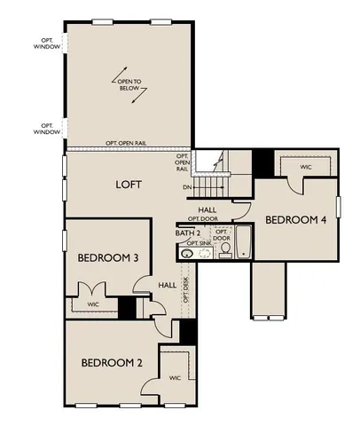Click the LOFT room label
click(129, 185)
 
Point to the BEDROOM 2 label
click(113, 362)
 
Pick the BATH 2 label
click(187, 233)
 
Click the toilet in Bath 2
click(225, 251)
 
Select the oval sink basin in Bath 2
click(187, 254)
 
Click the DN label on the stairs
click(187, 188)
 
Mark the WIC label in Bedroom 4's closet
click(306, 166)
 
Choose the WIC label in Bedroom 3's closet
click(92, 304)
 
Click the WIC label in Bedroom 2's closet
click(175, 378)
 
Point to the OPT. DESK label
click(185, 289)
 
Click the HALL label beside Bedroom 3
click(167, 285)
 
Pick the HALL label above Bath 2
click(207, 209)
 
